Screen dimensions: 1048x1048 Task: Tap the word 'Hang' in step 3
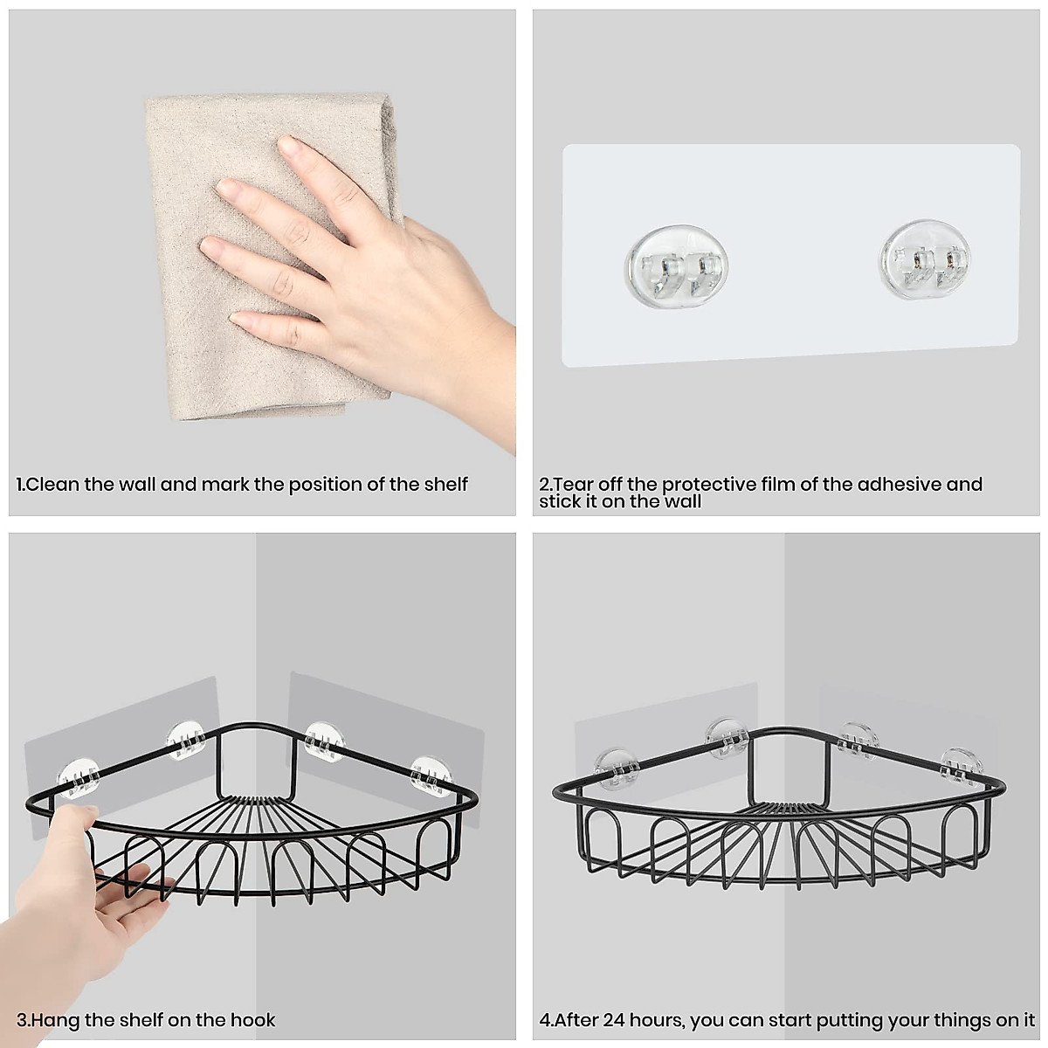(57, 1020)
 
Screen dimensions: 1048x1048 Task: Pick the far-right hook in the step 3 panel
(432, 774)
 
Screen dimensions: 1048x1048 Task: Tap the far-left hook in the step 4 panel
(616, 766)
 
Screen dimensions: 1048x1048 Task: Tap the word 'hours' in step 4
(665, 1020)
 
